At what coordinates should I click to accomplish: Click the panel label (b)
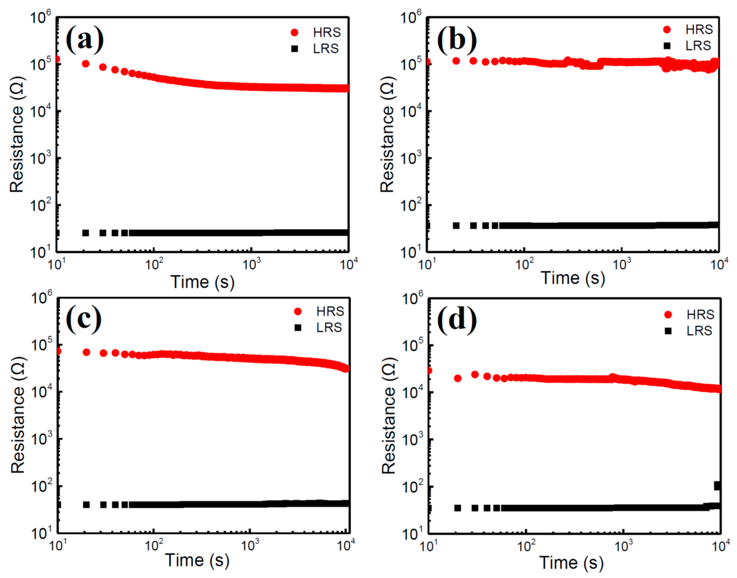(x=457, y=40)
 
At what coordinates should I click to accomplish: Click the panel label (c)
(x=84, y=320)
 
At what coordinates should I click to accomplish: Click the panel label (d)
(x=457, y=320)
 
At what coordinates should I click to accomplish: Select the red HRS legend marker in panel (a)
(x=294, y=32)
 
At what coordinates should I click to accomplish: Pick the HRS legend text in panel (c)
(x=330, y=311)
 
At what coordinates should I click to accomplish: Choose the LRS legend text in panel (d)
(x=699, y=331)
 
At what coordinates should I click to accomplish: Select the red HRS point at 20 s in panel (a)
(x=86, y=64)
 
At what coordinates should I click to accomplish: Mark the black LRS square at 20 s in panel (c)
(x=86, y=504)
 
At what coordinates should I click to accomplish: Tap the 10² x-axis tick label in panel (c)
(x=153, y=546)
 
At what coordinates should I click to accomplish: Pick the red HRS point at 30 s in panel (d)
(x=475, y=374)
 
